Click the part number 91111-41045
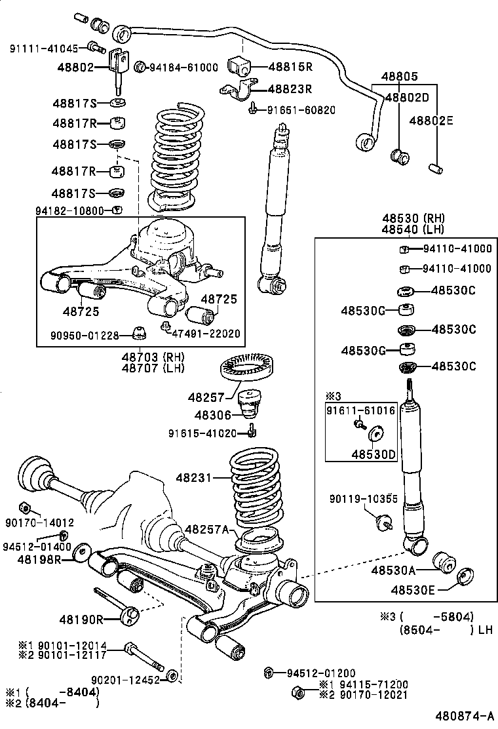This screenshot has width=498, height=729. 43,48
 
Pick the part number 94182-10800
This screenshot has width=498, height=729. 69,210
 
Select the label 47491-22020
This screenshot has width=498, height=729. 206,334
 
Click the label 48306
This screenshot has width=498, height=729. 210,414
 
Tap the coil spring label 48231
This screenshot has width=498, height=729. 193,478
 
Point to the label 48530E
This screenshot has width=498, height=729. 414,590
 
